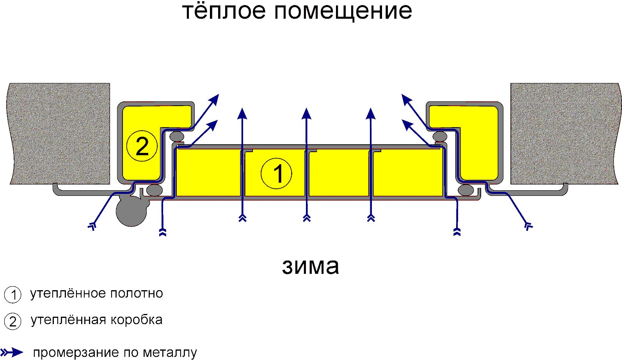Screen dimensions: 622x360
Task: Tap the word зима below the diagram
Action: coord(311,267)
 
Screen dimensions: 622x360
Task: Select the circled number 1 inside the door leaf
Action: coord(276,174)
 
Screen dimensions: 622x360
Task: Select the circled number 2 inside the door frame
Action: coord(142,146)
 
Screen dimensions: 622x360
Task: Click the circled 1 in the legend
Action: coord(13,294)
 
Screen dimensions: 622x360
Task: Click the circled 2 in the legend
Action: coord(13,321)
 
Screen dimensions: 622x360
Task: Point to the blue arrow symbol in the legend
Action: coord(12,353)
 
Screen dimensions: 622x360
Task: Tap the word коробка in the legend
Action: coord(137,320)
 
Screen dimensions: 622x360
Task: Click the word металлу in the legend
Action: coord(170,353)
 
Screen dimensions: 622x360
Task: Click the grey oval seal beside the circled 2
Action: coord(177,136)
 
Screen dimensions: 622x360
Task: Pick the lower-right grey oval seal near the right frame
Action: coord(466,190)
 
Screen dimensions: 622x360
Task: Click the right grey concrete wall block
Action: coord(565,133)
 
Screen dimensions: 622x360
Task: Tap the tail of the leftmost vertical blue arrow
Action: coord(243,219)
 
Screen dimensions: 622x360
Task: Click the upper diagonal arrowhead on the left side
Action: coord(213,100)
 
